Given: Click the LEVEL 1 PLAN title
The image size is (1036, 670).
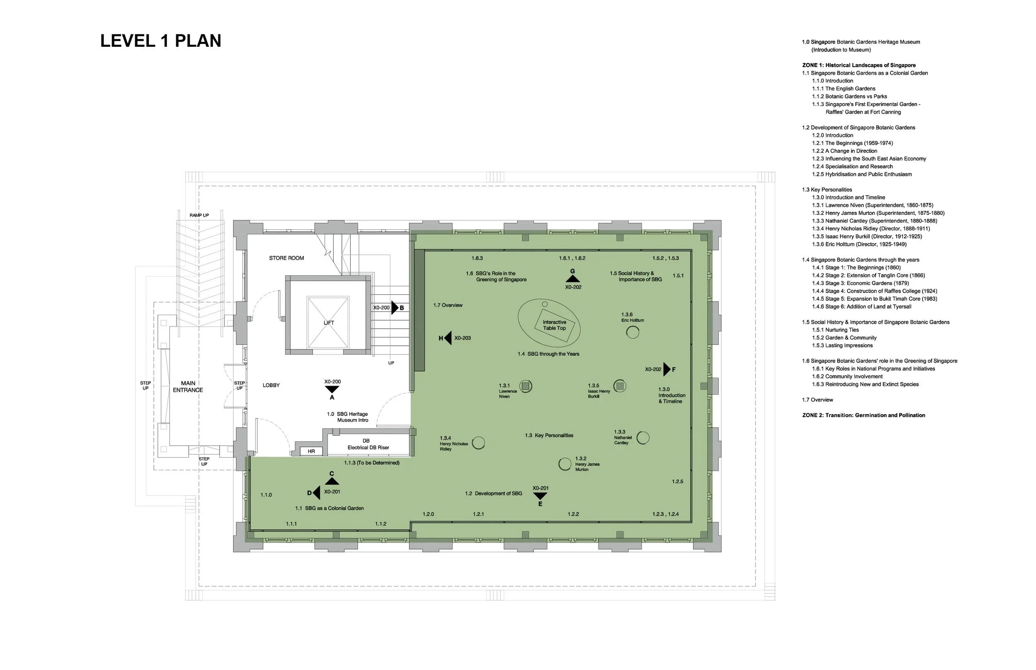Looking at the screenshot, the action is tap(161, 41).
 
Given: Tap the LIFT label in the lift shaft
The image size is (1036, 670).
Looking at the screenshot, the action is tap(329, 323).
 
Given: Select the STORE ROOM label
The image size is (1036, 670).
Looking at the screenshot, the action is tap(286, 258).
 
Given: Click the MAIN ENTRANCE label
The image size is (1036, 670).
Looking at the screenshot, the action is tap(188, 386).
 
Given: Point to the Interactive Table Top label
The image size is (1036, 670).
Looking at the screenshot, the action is tap(554, 325).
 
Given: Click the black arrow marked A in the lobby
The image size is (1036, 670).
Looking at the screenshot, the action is tap(332, 389).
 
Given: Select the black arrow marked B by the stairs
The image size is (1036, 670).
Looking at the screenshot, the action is tap(395, 308).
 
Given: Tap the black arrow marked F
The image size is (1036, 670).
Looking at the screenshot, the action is tap(667, 369).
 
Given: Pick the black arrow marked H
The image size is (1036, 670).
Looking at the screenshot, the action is tap(448, 338).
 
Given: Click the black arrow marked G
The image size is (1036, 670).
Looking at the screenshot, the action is tap(573, 278).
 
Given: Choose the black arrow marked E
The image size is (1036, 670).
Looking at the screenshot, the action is tap(540, 496).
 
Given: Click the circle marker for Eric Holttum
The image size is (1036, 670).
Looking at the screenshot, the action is tap(632, 333).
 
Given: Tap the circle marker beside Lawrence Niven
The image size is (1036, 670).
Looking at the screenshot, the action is tap(526, 386).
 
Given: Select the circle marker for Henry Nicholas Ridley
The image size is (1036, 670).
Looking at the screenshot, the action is tap(478, 443).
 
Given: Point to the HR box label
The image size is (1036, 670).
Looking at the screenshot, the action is tap(311, 451).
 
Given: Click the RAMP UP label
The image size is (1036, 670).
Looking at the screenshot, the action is tap(199, 215).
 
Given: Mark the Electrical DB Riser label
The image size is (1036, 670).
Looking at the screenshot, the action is tap(368, 447).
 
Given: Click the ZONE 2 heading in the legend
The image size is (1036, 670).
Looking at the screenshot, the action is tap(864, 415).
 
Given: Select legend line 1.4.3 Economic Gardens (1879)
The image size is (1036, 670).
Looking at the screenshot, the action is tap(860, 283).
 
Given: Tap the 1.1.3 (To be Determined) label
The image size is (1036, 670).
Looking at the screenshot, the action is tap(372, 463).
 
